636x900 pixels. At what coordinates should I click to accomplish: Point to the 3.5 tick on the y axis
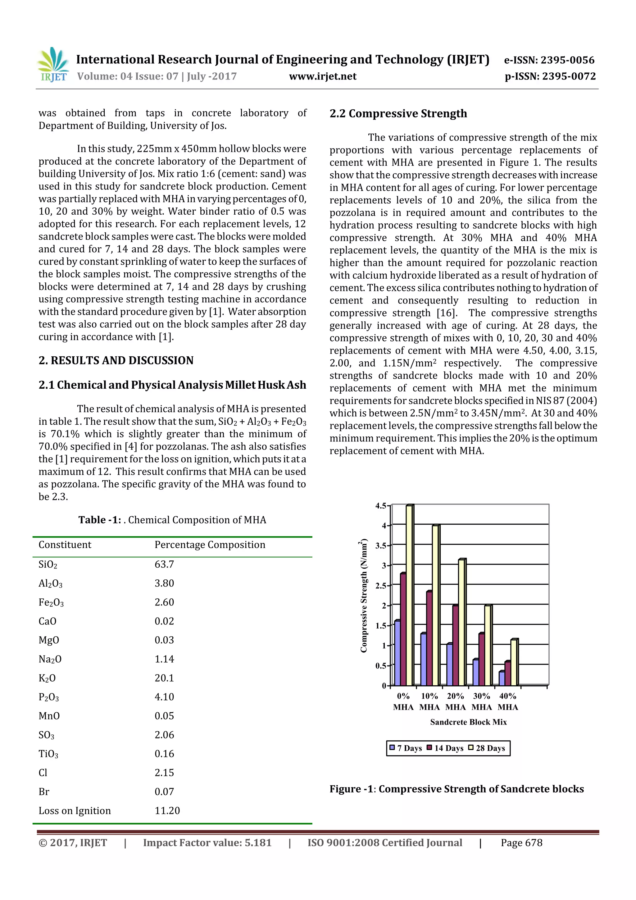[380, 545]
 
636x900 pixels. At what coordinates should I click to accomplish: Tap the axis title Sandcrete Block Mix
[468, 722]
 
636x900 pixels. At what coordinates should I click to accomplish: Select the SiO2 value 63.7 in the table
[164, 564]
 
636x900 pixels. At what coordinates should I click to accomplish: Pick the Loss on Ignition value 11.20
[167, 811]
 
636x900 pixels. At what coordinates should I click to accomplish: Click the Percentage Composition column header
[210, 545]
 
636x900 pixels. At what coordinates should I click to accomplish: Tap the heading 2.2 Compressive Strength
[398, 114]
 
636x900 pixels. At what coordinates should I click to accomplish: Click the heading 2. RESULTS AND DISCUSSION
[116, 361]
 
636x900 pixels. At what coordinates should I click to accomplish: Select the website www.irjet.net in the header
[323, 76]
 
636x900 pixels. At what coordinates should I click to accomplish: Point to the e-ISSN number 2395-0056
[567, 60]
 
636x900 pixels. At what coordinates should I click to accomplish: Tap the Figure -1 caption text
[457, 789]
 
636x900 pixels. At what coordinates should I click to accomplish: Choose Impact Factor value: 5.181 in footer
[207, 843]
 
